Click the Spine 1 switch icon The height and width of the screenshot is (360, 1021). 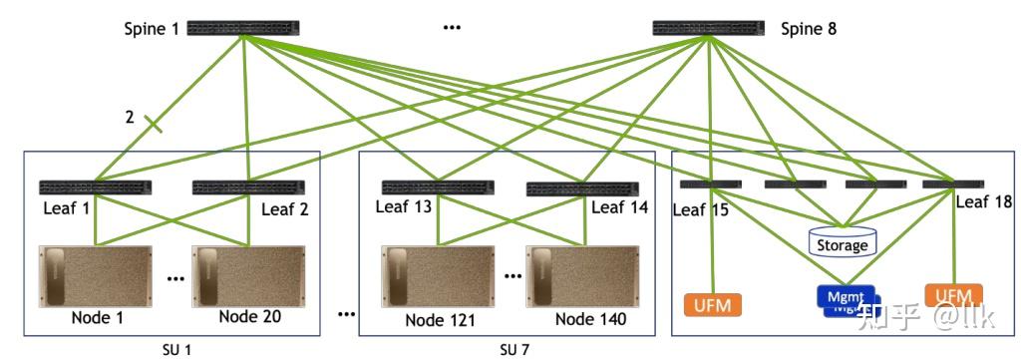click(243, 29)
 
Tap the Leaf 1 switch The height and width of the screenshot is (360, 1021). click(95, 186)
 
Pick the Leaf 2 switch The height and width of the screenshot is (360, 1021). click(247, 186)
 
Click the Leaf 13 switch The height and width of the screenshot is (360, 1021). click(437, 186)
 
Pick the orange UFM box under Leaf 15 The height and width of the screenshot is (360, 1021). click(713, 303)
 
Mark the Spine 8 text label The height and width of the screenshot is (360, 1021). click(808, 29)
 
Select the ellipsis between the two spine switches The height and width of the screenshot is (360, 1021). click(453, 28)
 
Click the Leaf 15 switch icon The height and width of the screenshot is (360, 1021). click(711, 184)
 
